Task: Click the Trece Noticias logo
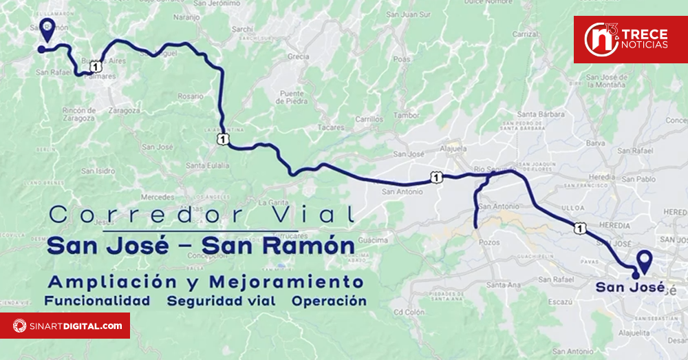pyautogui.click(x=630, y=40)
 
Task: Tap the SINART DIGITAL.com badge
pyautogui.click(x=65, y=326)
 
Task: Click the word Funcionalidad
pyautogui.click(x=97, y=301)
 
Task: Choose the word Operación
pyautogui.click(x=329, y=301)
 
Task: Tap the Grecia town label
pyautogui.click(x=298, y=56)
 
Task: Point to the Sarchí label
pyautogui.click(x=243, y=29)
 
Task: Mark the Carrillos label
pyautogui.click(x=369, y=119)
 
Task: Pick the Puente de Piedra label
pyautogui.click(x=292, y=96)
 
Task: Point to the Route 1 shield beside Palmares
pyautogui.click(x=95, y=66)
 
